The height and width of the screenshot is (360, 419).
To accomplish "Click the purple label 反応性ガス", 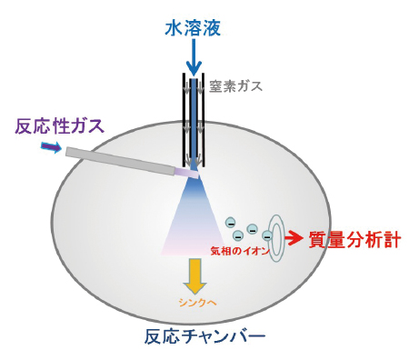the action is (57, 125).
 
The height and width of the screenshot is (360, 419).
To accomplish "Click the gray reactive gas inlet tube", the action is (118, 160).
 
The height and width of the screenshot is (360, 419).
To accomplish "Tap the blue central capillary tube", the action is (193, 118).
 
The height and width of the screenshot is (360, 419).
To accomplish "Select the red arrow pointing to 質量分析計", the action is (295, 239).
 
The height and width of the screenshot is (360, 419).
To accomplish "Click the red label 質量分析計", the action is (355, 239).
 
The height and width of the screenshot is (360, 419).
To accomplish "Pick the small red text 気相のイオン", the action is (239, 251).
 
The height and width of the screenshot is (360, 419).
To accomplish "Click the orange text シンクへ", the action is (195, 301).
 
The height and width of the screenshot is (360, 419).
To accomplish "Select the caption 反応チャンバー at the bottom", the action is (205, 337).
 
